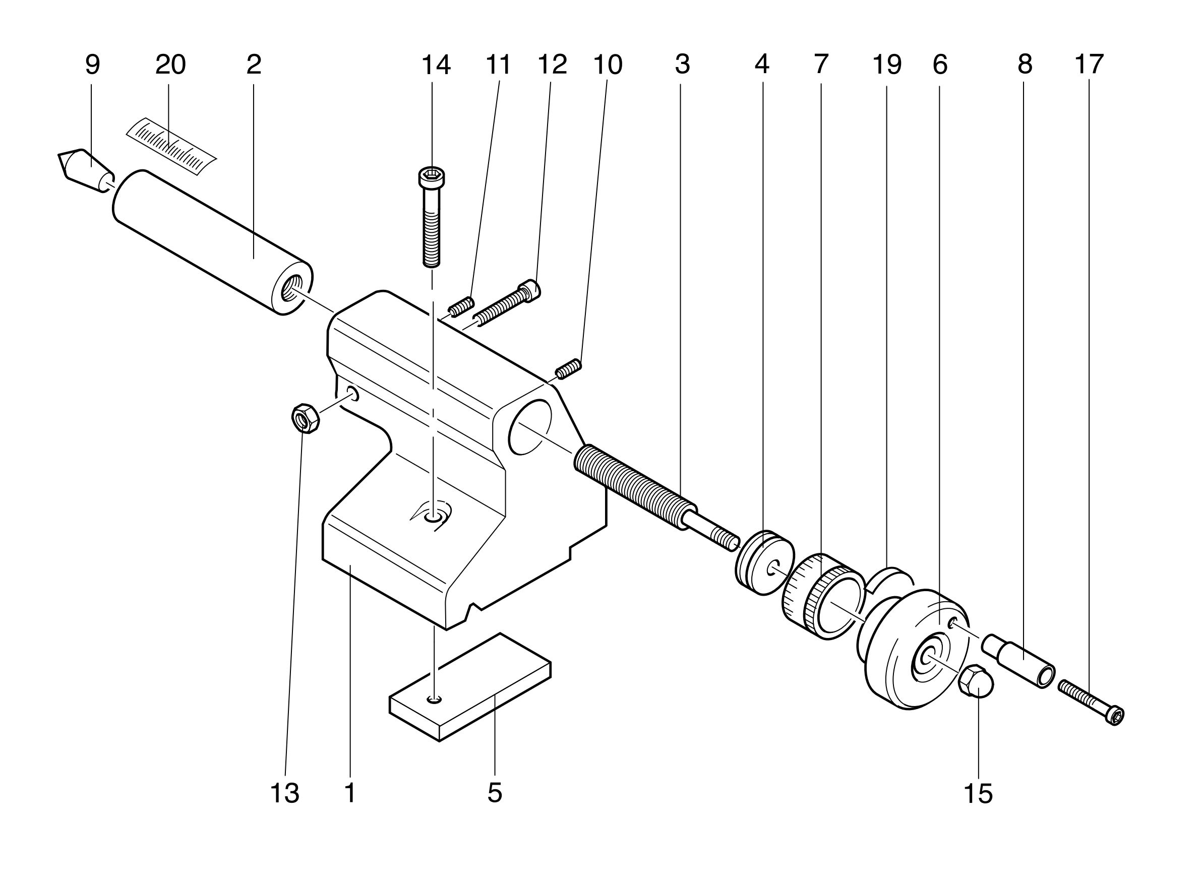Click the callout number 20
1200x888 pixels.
170,65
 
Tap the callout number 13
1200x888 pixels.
284,793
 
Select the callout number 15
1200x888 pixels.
978,793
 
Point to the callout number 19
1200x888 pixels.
886,65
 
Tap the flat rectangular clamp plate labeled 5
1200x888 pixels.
470,686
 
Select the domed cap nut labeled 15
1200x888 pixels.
976,680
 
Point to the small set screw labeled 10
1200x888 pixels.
568,368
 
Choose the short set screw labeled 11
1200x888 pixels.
461,307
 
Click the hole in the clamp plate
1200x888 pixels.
435,699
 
